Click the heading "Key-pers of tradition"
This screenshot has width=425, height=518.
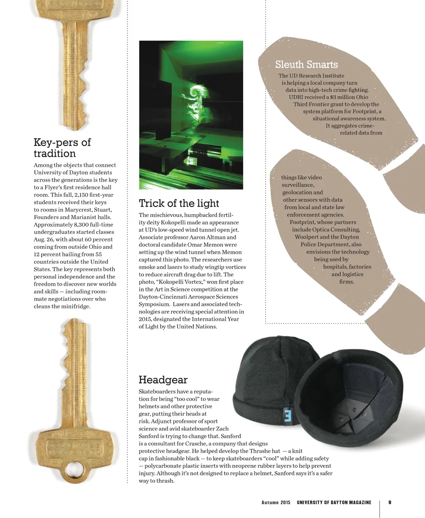tap(62, 148)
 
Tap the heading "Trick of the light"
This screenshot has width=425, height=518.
tap(179, 203)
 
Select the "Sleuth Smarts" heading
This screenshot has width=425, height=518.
tap(306, 64)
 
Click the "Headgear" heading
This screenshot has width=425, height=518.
tap(163, 380)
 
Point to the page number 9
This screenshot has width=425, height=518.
tap(390, 502)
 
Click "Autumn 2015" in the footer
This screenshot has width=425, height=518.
tap(276, 503)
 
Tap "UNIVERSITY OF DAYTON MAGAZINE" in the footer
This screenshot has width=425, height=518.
tap(334, 503)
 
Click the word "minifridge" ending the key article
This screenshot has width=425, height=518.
tap(76, 307)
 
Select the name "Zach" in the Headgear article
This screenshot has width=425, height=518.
tap(222, 429)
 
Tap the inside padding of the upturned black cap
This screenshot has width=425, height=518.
tap(353, 407)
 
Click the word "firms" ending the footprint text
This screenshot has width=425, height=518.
tap(347, 282)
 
